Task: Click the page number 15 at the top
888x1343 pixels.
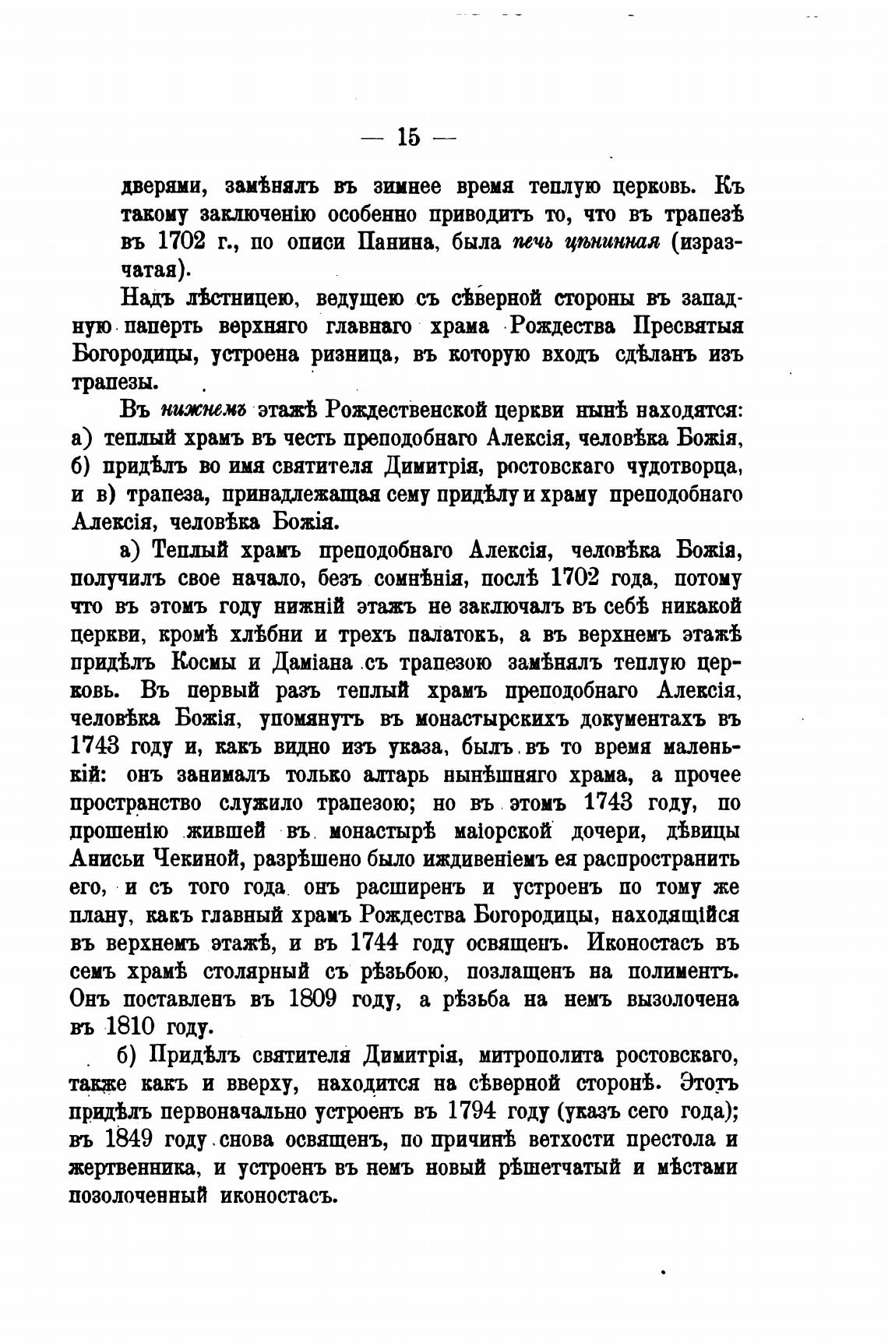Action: point(408,137)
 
